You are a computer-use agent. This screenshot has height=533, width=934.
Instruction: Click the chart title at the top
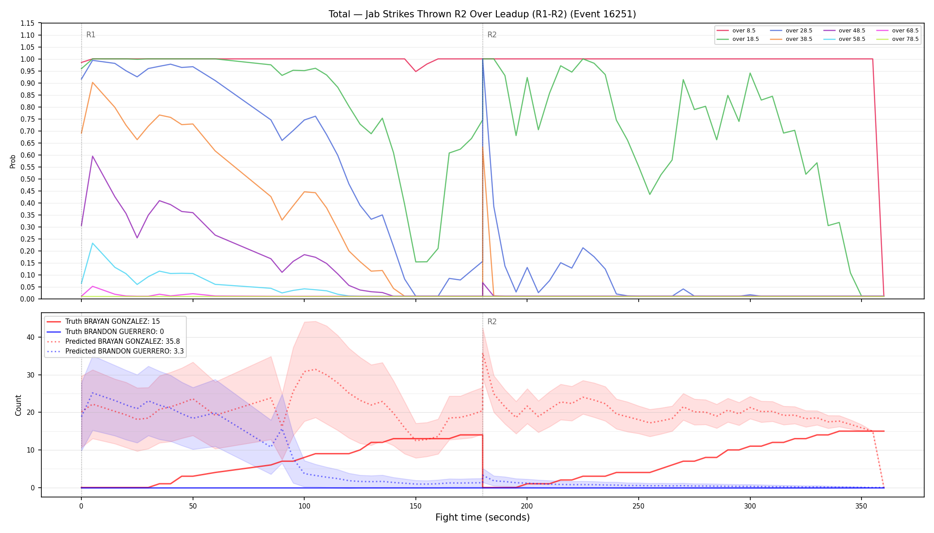tap(482, 14)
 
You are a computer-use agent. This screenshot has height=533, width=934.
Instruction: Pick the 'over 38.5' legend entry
tap(791, 39)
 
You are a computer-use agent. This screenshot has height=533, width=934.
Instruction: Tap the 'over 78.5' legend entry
tap(898, 39)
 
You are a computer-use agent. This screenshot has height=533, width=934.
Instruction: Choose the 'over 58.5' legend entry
tap(844, 39)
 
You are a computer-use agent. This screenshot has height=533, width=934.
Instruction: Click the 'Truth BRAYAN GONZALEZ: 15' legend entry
tap(103, 322)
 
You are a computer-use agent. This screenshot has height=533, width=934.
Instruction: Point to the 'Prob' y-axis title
tap(13, 161)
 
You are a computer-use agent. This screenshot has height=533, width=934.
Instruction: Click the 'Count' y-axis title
tap(18, 405)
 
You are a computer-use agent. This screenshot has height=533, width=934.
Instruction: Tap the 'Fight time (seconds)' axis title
tap(483, 517)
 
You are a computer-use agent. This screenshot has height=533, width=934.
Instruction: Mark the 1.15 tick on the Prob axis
tap(28, 23)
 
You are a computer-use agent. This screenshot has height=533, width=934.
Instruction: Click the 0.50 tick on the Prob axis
tap(28, 179)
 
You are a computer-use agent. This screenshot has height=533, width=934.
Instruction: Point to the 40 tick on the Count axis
tap(31, 337)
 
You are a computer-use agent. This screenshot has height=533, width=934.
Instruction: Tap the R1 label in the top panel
tap(91, 35)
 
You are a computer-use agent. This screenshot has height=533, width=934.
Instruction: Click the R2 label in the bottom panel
tap(492, 322)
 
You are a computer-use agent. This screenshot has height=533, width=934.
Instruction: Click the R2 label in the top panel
tap(492, 35)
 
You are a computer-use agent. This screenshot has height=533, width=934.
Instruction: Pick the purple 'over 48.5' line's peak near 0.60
tap(93, 156)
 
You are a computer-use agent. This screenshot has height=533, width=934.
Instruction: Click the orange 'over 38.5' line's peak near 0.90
tap(93, 82)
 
